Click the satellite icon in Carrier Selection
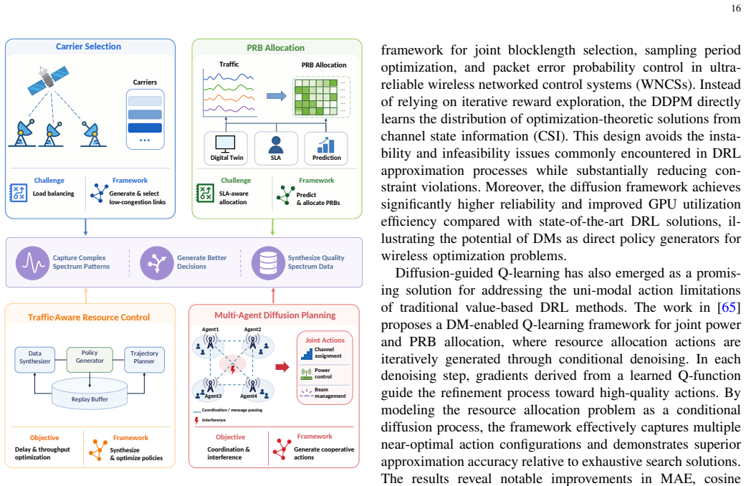tap(48, 79)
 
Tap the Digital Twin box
tap(226, 148)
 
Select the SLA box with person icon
tap(276, 148)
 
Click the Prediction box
tap(326, 148)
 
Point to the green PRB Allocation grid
tap(316, 97)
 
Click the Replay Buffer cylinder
tap(90, 394)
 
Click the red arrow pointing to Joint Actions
tap(282, 366)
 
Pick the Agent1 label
tap(210, 330)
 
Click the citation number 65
tap(728, 307)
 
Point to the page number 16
tap(735, 8)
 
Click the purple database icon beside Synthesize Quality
tap(268, 263)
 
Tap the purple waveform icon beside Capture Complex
tap(32, 263)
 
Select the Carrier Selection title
tap(88, 46)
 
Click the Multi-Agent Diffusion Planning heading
tap(275, 315)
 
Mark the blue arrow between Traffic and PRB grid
tap(276, 96)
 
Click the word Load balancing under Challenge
tap(53, 194)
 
